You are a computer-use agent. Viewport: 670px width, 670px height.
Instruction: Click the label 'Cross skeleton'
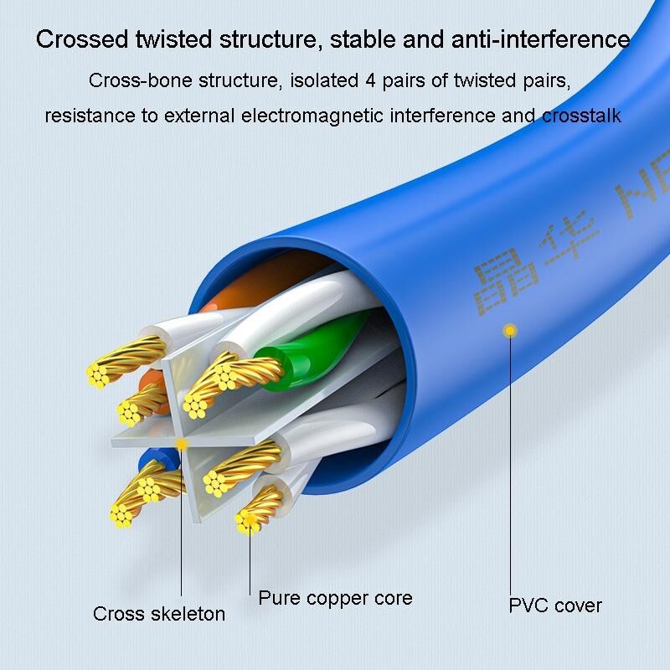pos(159,614)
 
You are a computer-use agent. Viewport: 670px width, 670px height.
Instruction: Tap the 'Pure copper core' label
pos(335,598)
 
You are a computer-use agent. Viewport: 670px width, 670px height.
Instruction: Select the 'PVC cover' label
pos(555,605)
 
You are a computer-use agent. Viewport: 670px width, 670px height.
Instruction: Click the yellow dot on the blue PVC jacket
pos(508,332)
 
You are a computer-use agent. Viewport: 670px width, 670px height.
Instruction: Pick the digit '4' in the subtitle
pos(371,81)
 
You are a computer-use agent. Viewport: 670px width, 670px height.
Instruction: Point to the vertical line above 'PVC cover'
pos(511,461)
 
